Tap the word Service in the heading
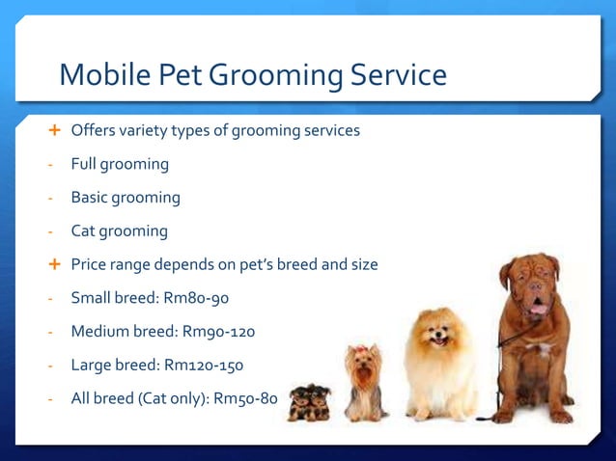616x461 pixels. click(x=398, y=74)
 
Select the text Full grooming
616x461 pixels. click(x=120, y=164)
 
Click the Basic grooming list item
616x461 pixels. click(x=126, y=198)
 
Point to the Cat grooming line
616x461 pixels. click(x=119, y=231)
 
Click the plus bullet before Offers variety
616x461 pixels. click(x=54, y=130)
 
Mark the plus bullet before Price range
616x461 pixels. click(x=54, y=264)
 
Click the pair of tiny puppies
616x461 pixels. click(x=309, y=402)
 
